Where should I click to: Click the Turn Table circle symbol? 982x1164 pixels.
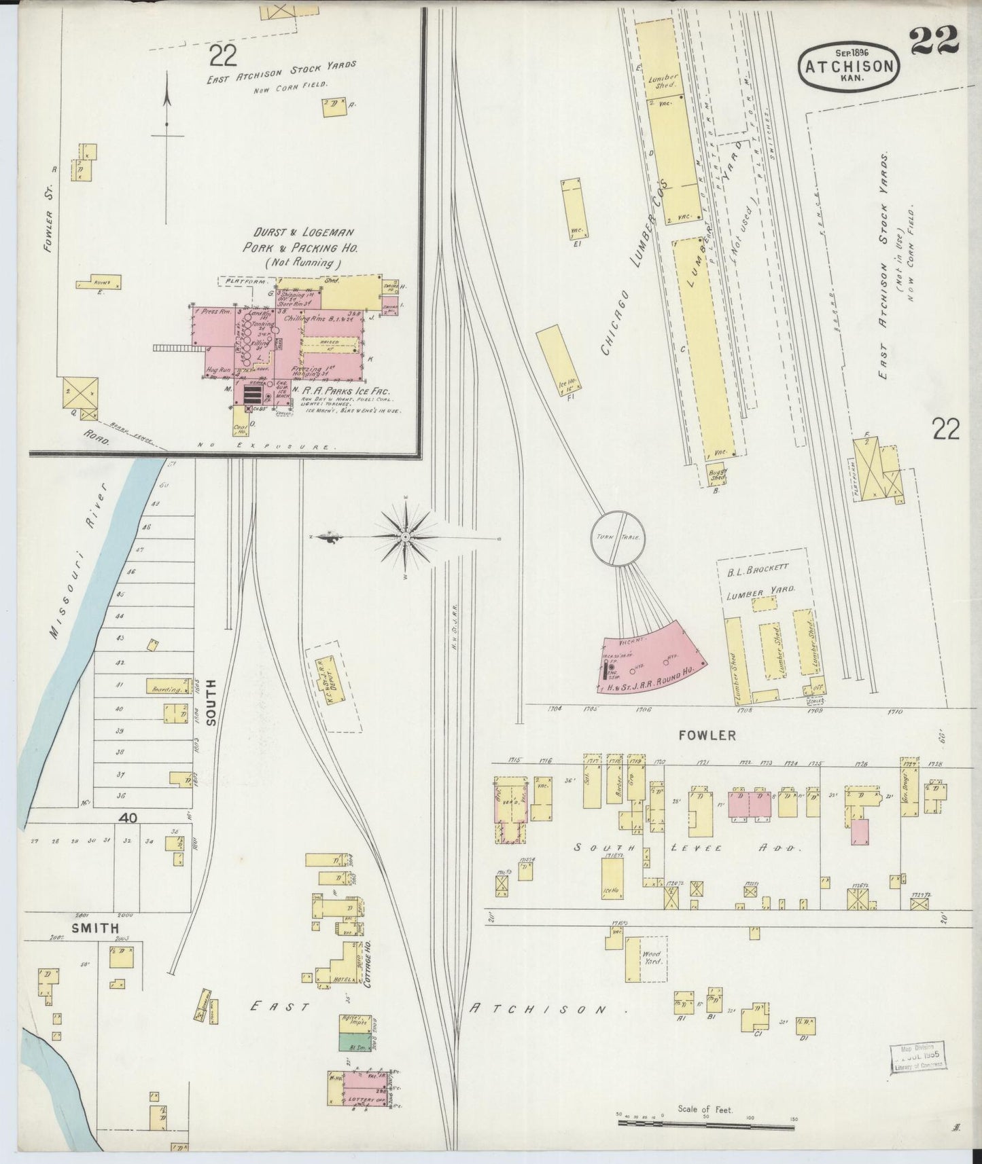(x=616, y=537)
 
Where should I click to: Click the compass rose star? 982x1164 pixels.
(x=406, y=537)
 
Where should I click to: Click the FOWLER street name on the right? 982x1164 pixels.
(x=707, y=735)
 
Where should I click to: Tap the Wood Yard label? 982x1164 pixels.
(x=650, y=958)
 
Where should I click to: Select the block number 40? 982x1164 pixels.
(x=128, y=818)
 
